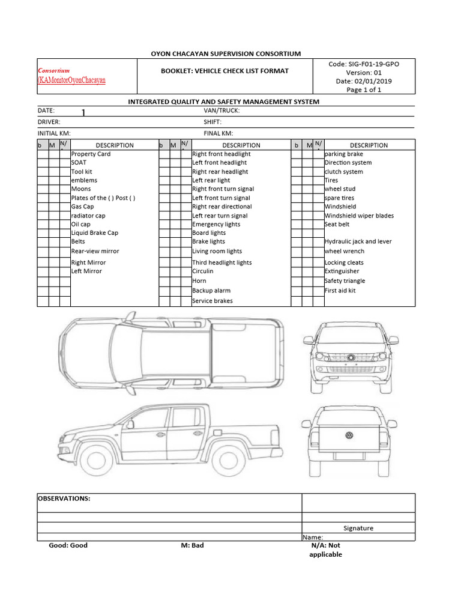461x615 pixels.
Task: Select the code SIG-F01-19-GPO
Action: click(372, 64)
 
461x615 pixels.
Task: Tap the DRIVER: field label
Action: click(49, 122)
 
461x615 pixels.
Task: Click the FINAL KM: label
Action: click(218, 133)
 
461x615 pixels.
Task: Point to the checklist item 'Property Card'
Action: click(91, 154)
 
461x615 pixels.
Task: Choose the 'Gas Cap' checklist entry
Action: click(83, 207)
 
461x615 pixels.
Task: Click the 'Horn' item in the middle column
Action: click(199, 280)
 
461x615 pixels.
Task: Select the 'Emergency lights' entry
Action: click(216, 224)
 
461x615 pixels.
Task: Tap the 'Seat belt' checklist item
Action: click(337, 224)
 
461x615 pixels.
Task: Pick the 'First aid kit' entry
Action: click(340, 290)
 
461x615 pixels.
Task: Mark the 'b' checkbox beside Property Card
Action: click(42, 154)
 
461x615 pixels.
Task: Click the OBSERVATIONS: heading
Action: click(64, 498)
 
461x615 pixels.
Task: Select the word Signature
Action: click(358, 528)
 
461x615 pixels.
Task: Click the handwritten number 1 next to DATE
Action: click(84, 113)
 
